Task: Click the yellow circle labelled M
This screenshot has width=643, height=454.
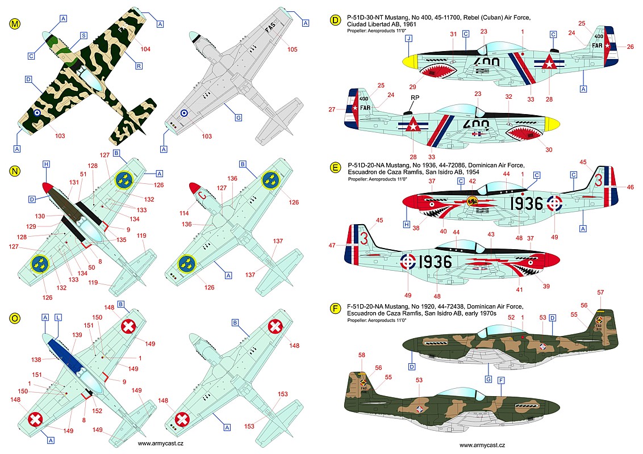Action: coord(14,24)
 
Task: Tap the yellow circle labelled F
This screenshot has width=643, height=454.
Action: coord(336,309)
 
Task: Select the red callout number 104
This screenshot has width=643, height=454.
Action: coord(145,49)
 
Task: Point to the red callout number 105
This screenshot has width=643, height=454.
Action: coord(292,49)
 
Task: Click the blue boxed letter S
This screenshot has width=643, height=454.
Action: coord(83,36)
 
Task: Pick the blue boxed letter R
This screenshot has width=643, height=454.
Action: coord(139,66)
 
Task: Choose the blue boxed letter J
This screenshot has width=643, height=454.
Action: coord(408,39)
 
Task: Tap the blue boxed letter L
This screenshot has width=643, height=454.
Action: coord(58,318)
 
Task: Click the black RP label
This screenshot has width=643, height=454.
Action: coord(415,98)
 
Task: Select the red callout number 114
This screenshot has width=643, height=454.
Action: coord(184,213)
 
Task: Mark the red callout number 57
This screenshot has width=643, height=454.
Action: coord(600,292)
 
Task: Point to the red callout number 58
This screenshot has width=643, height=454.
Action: coord(361,355)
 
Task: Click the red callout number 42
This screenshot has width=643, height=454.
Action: coord(473,181)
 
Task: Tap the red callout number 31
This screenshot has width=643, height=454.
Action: coord(453,34)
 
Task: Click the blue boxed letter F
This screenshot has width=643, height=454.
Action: coord(500,381)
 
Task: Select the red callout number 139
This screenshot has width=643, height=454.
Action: coord(77,335)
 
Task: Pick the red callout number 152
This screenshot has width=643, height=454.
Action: coord(97,410)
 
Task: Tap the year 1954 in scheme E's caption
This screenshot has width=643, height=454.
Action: coord(473,172)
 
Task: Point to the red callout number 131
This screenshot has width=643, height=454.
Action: coord(74,183)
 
